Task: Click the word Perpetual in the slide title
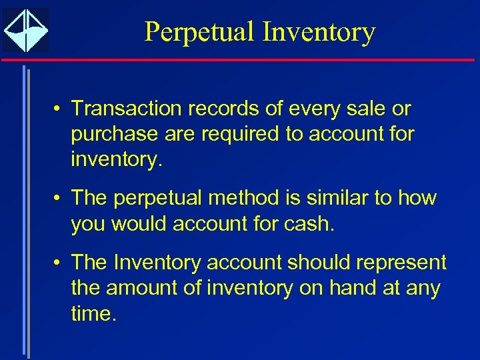[x=199, y=32]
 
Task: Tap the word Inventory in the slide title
[x=319, y=32]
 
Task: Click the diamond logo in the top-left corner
[x=25, y=30]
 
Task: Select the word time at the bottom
[x=93, y=314]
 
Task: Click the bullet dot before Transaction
[x=59, y=109]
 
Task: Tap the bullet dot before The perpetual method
[x=59, y=199]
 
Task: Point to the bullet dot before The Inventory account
[x=59, y=263]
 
